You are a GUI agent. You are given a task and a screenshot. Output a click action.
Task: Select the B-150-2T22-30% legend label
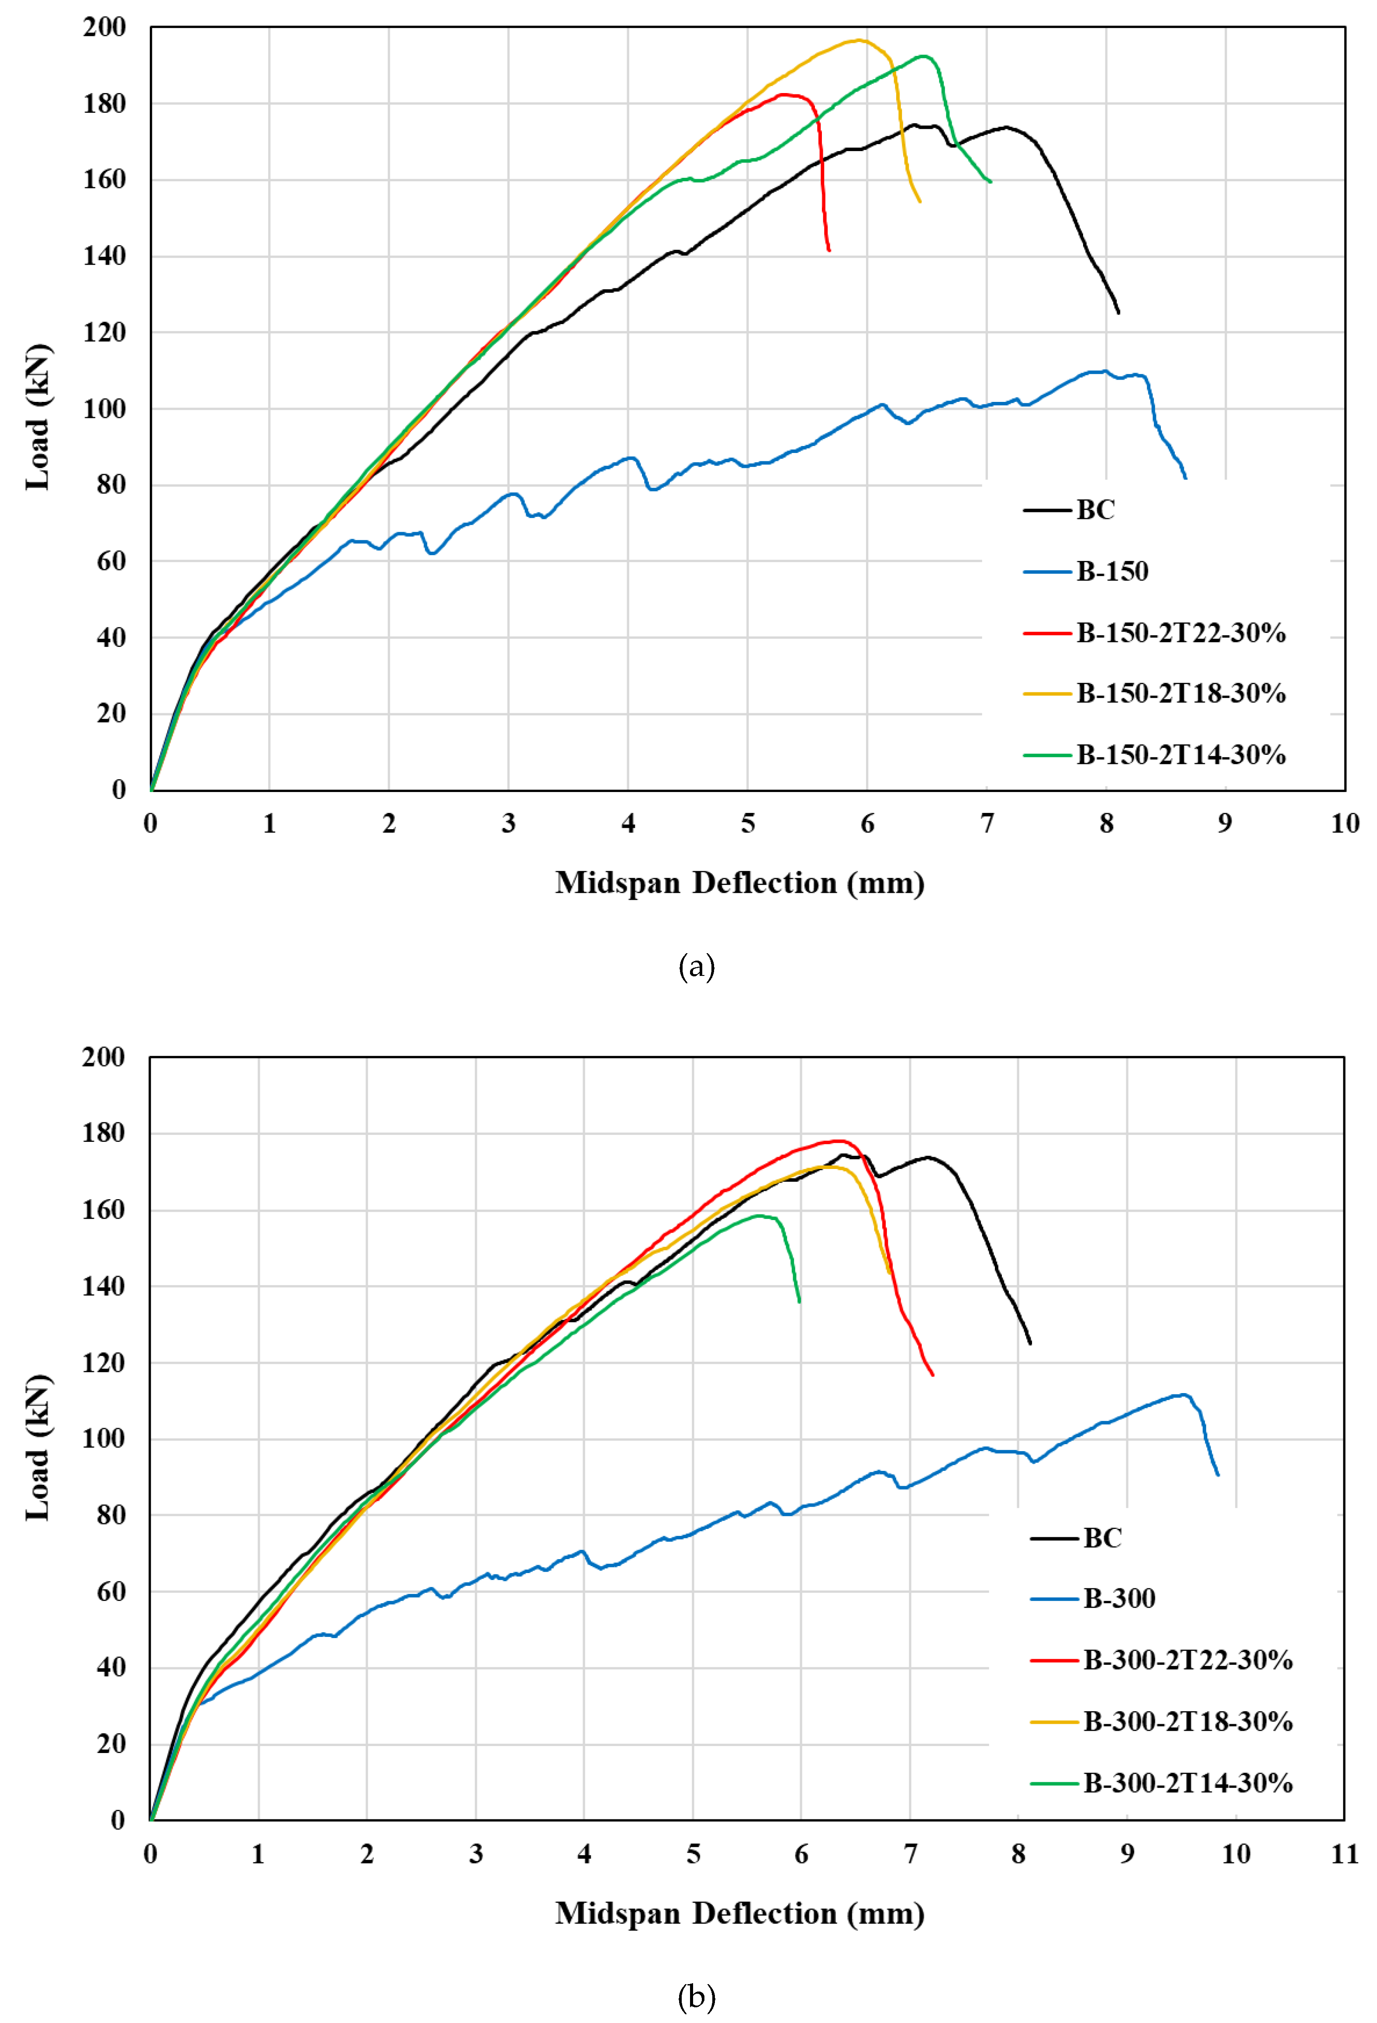tap(1180, 633)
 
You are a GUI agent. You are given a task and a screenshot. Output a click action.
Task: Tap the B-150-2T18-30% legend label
tap(1180, 694)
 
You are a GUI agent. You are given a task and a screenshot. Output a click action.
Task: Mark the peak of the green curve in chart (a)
tap(925, 56)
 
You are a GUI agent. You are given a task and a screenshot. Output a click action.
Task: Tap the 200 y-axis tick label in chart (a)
tap(104, 27)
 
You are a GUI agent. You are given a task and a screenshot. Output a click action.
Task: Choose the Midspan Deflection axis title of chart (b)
tap(740, 1913)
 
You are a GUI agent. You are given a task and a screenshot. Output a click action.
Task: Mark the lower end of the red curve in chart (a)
tap(828, 251)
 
